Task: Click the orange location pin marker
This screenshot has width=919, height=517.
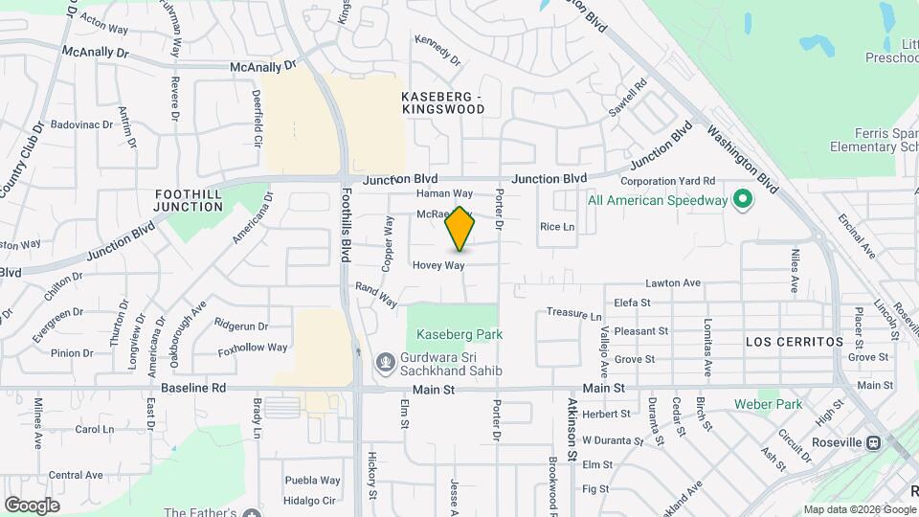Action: (x=460, y=228)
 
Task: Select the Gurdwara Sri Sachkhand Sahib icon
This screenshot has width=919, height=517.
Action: (x=385, y=363)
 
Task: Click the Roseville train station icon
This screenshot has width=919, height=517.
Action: (x=873, y=442)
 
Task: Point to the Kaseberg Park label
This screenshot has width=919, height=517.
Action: (x=459, y=334)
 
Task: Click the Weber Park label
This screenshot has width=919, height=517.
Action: (x=768, y=404)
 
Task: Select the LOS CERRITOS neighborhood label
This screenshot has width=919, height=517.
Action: (x=795, y=342)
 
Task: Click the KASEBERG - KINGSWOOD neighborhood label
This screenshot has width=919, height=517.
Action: (x=443, y=103)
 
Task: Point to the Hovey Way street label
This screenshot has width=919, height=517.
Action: (x=438, y=265)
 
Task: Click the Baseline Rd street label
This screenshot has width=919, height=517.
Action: (x=192, y=388)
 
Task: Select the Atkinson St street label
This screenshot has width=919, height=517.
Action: (x=571, y=430)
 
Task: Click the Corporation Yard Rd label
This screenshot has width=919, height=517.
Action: (x=668, y=180)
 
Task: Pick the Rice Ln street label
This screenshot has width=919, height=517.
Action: (x=557, y=227)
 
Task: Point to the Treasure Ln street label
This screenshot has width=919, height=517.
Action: (x=574, y=314)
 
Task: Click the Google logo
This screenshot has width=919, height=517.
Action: (x=32, y=506)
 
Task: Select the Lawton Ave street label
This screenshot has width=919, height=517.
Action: (x=673, y=283)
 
